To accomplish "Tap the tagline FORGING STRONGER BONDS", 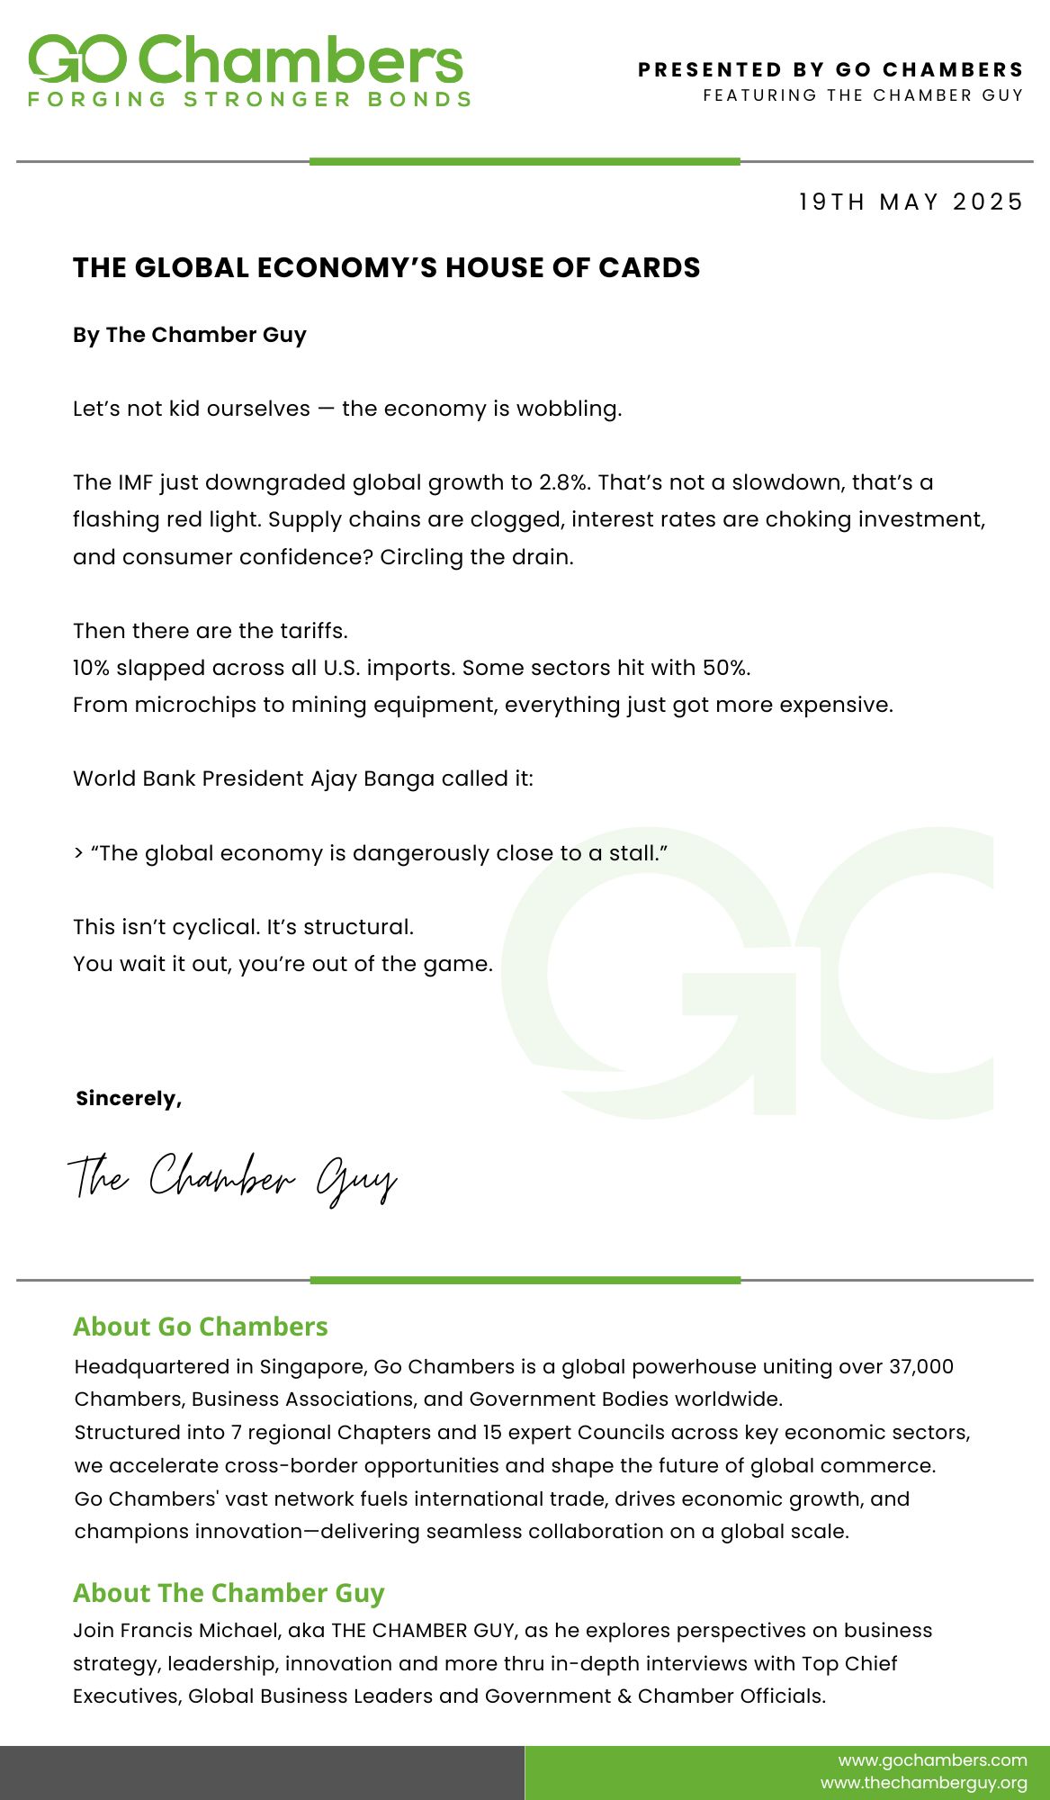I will click(x=250, y=99).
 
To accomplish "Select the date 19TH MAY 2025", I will click(x=911, y=202).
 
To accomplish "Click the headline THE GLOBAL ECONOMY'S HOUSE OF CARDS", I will click(x=386, y=267).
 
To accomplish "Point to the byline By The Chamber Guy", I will click(x=190, y=335).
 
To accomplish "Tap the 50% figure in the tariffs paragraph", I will click(x=727, y=668).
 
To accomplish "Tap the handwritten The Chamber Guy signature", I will click(x=232, y=1177).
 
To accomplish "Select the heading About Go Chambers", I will click(x=201, y=1327).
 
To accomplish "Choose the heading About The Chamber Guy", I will click(x=229, y=1593).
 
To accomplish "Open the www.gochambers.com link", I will click(x=932, y=1759).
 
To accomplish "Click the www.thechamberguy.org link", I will click(x=923, y=1783).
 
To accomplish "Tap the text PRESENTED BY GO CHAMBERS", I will click(x=830, y=70).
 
